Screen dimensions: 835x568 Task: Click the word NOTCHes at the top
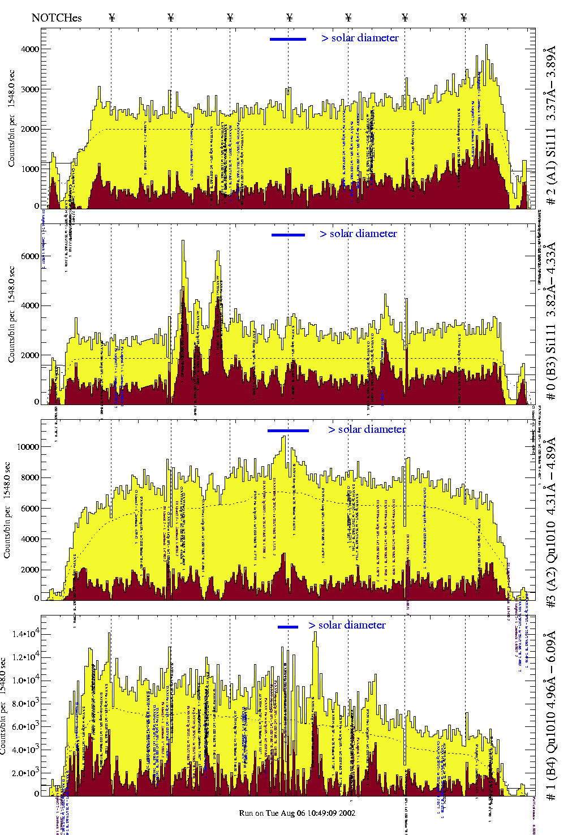click(x=57, y=18)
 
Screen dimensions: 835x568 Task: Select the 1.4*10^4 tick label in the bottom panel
click(x=25, y=634)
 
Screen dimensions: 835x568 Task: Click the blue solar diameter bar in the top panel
click(x=288, y=39)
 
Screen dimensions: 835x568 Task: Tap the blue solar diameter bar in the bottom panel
click(x=287, y=627)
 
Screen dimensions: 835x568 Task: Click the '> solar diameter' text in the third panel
click(x=367, y=429)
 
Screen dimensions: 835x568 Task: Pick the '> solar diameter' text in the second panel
click(x=358, y=234)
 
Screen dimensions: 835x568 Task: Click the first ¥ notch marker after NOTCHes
click(x=111, y=18)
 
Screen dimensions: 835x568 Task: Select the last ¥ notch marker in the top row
click(x=464, y=18)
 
